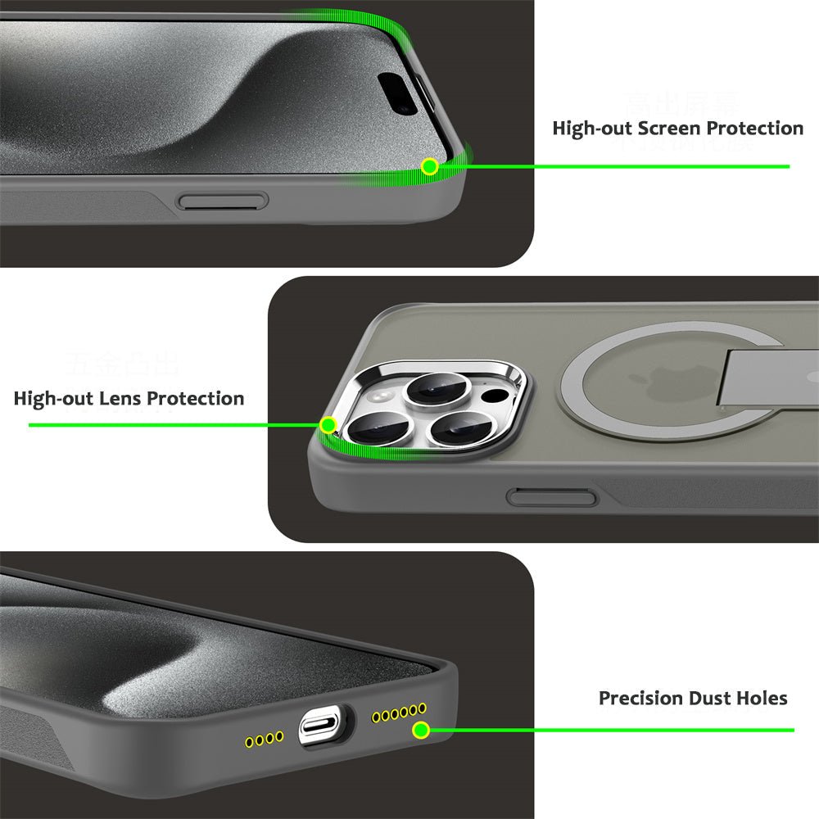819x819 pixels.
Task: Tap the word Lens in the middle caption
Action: (121, 399)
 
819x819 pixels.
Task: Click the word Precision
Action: (640, 699)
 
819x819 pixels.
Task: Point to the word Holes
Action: (761, 699)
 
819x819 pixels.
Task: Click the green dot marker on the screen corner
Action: (428, 167)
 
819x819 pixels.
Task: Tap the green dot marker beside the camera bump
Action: (328, 425)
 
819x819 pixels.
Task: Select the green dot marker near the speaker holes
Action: (420, 730)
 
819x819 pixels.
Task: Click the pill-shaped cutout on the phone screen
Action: (402, 93)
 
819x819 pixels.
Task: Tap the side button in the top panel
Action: (223, 201)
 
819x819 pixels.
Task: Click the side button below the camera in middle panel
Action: (551, 496)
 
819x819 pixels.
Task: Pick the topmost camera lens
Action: (434, 389)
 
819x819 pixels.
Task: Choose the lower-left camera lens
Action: (377, 429)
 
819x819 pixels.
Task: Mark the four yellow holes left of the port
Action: (265, 740)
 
